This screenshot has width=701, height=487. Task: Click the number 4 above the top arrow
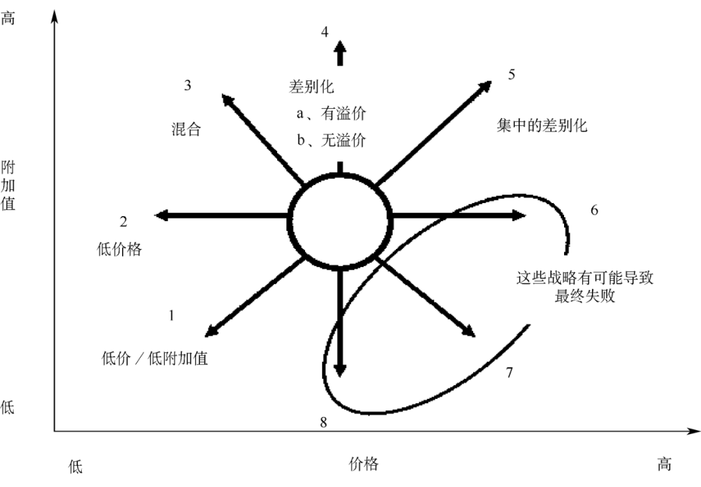tap(325, 31)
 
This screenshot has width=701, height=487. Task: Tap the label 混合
tap(186, 129)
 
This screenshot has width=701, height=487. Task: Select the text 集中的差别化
tap(542, 126)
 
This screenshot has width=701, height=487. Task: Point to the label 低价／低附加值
tap(155, 358)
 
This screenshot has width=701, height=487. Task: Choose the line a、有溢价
tap(331, 113)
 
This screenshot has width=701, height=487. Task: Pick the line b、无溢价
tap(331, 141)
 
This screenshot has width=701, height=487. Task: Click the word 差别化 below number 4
tap(312, 86)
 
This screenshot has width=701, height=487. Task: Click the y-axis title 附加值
tap(8, 185)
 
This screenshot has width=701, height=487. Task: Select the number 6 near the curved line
tap(594, 210)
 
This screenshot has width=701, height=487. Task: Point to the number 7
tap(510, 372)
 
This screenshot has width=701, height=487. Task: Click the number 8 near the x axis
tap(323, 422)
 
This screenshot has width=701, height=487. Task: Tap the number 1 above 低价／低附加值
tap(171, 316)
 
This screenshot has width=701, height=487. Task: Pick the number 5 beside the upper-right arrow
tap(511, 74)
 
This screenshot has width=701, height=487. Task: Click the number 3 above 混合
tap(188, 85)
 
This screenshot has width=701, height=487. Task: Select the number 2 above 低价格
tap(123, 222)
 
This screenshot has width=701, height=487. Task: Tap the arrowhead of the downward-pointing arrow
tap(340, 369)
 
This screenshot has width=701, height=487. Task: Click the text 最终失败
tap(585, 297)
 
